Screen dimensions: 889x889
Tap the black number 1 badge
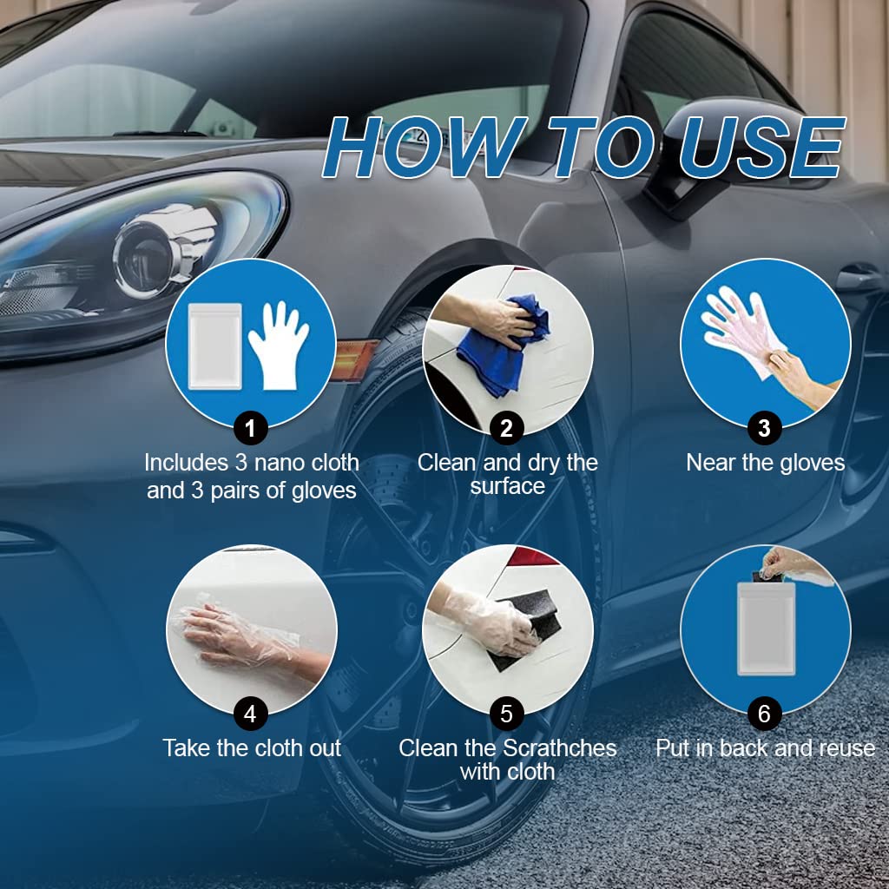pos(251,427)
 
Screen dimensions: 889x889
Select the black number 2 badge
pos(506,427)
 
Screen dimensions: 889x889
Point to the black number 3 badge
pos(764,427)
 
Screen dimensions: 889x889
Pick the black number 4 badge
pos(251,714)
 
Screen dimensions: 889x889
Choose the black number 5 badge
pos(506,714)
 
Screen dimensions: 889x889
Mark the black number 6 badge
pos(764,714)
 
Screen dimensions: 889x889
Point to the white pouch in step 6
pos(766,628)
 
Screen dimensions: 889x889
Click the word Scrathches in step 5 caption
pos(561,747)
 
